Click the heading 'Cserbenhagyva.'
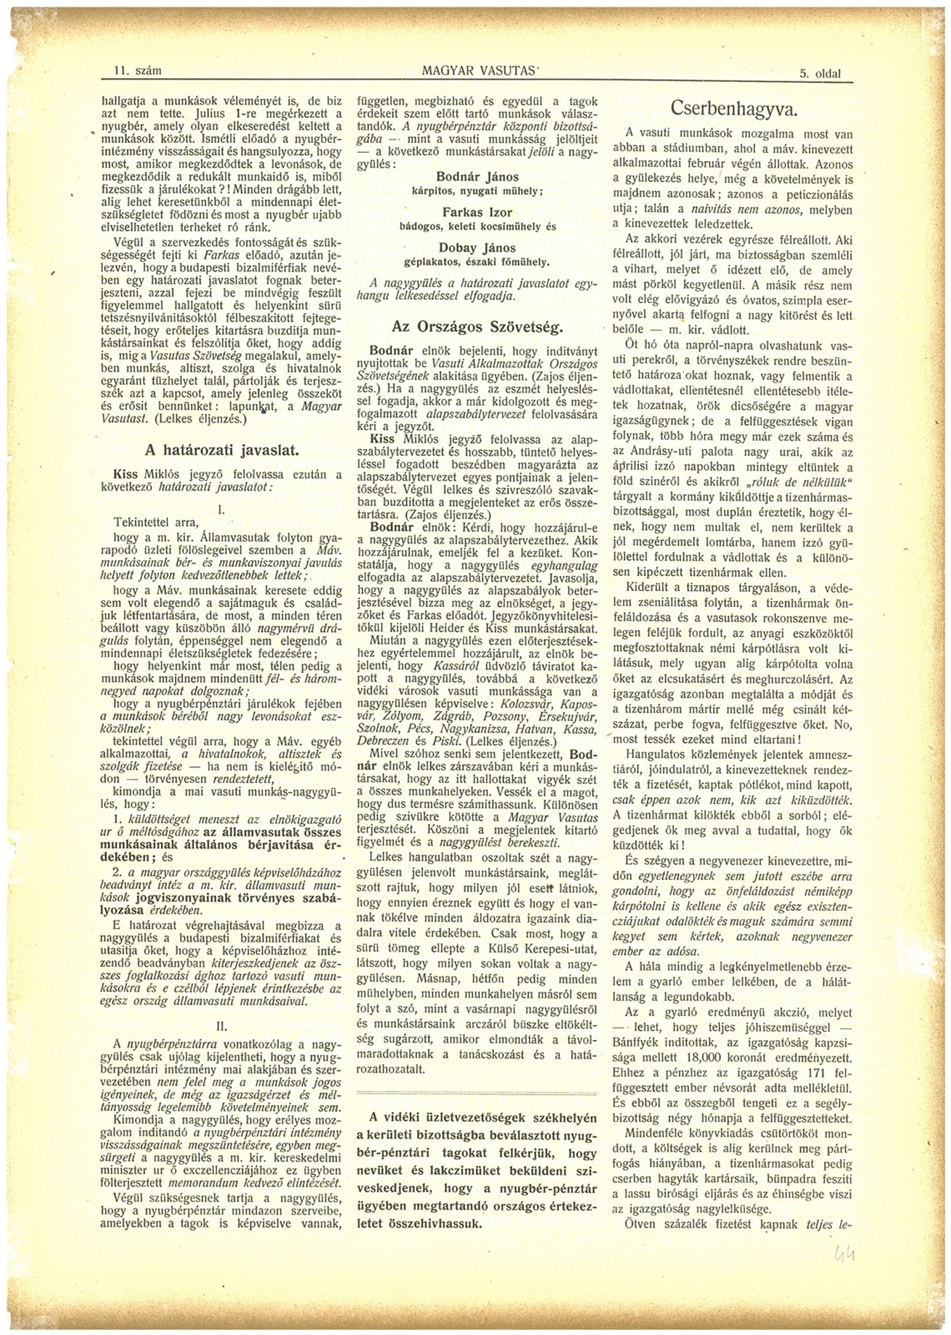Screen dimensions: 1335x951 [733, 108]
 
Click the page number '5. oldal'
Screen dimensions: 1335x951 [819, 73]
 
